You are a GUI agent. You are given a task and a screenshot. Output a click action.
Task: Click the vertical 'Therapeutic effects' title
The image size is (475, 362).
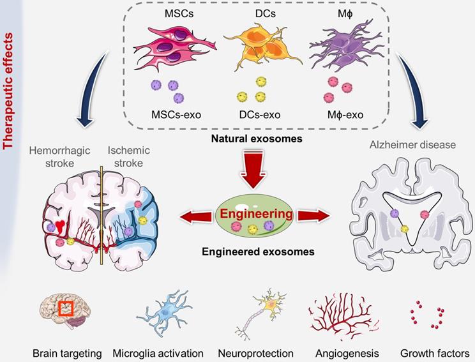pos(9,83)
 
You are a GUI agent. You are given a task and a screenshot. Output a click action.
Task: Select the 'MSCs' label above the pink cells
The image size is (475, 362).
pos(174,13)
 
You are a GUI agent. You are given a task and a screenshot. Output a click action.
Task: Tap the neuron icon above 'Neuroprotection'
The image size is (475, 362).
pos(262,313)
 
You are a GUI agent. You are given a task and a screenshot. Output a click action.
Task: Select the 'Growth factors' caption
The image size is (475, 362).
pos(435,353)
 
